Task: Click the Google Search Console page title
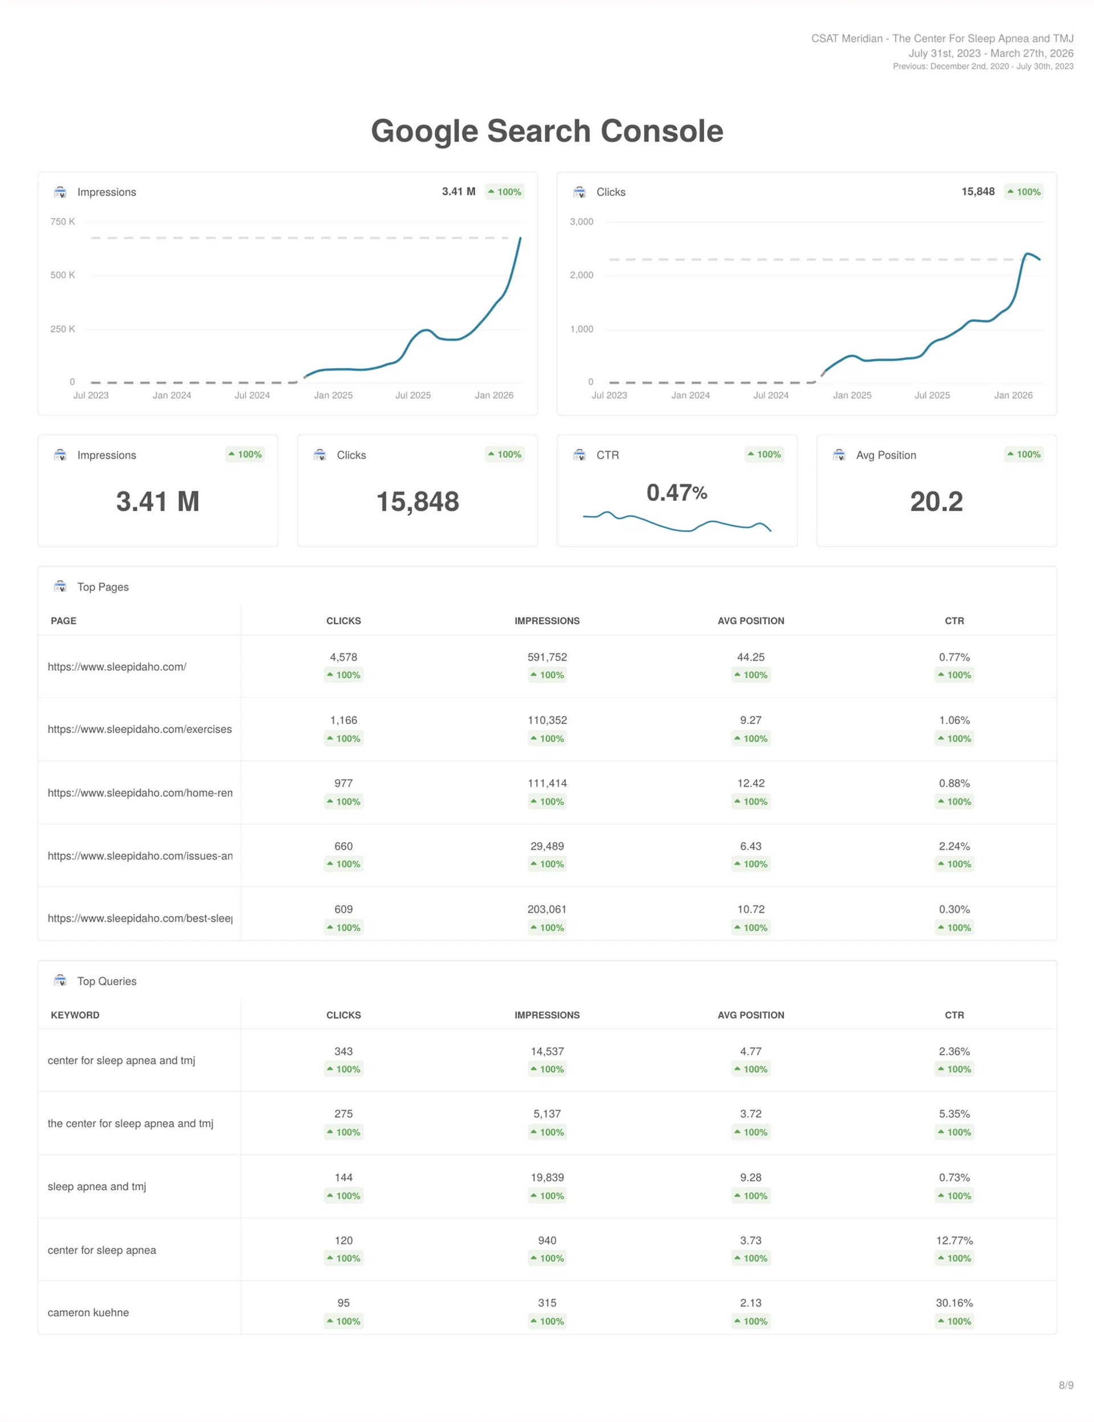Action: [547, 132]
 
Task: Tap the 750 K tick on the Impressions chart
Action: [63, 222]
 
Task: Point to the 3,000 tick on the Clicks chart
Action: [582, 222]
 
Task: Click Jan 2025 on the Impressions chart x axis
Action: [333, 395]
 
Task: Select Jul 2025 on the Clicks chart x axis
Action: [932, 395]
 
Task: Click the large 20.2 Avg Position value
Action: [936, 502]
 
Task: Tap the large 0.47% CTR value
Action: [676, 493]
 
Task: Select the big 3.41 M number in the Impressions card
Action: [158, 502]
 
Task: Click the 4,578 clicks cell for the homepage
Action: [343, 657]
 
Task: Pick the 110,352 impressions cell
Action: [547, 720]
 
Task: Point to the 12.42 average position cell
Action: [751, 784]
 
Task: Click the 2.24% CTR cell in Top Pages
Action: [954, 847]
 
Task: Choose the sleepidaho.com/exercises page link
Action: [140, 730]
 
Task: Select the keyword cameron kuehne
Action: [88, 1313]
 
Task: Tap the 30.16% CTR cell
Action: [954, 1303]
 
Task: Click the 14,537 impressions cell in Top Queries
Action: [547, 1052]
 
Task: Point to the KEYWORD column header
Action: [75, 1015]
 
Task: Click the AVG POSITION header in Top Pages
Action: [751, 621]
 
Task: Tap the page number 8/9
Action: [1066, 1386]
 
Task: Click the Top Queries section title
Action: [107, 981]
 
